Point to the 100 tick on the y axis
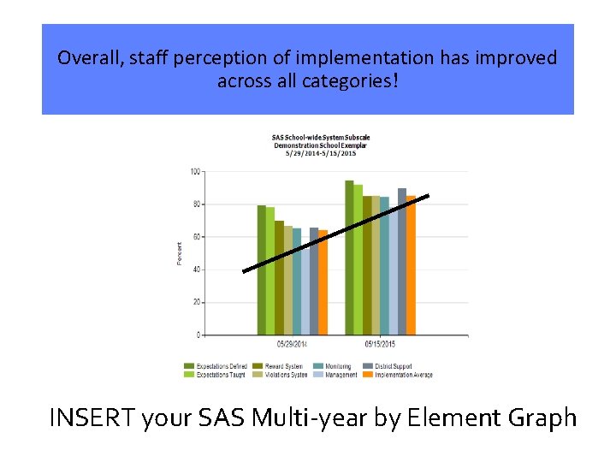(x=195, y=172)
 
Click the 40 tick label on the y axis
(x=196, y=269)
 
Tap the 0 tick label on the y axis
(x=198, y=335)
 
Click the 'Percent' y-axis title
(x=180, y=253)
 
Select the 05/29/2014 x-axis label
(x=292, y=345)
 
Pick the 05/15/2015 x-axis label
(x=379, y=345)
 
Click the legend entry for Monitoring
(x=333, y=366)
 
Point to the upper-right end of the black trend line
(x=427, y=196)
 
